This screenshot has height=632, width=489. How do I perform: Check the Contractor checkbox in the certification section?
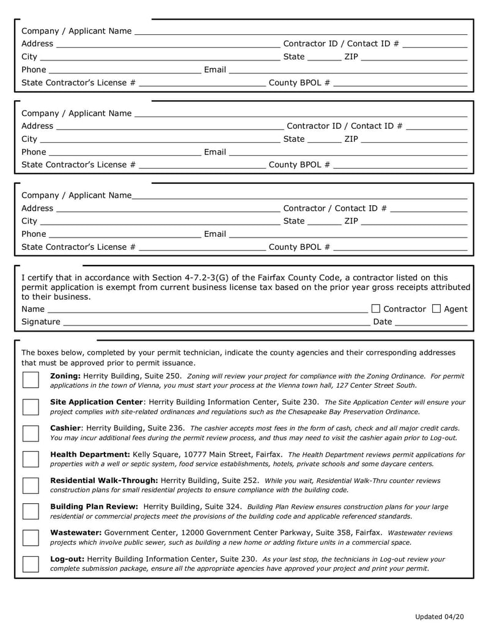[x=375, y=309]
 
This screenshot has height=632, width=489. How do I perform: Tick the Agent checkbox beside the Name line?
[x=436, y=309]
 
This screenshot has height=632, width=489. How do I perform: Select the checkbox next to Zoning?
[x=31, y=380]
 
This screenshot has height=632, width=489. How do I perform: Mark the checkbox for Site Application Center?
[x=31, y=407]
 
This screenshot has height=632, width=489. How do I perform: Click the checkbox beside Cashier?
[x=31, y=433]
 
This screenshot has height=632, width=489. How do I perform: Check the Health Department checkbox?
[x=31, y=459]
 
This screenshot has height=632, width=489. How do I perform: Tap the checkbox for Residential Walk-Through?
[x=31, y=485]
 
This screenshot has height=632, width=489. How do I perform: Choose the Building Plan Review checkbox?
[x=31, y=511]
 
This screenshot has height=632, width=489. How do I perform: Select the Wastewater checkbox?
[x=31, y=537]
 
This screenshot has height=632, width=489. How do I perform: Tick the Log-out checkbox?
[x=31, y=564]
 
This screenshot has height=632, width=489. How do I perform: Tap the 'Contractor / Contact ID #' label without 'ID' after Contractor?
[x=335, y=208]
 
